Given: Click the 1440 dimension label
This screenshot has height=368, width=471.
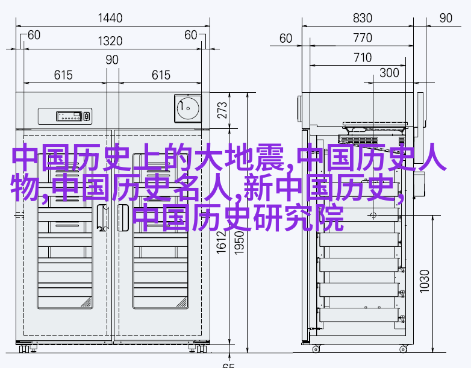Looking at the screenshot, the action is click(110, 18).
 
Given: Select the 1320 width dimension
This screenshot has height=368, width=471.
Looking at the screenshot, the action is click(110, 41).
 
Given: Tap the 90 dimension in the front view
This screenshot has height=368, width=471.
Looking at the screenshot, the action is click(112, 60).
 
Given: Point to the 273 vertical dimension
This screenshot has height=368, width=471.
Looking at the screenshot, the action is click(222, 110).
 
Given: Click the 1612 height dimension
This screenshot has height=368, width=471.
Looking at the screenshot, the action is click(222, 242).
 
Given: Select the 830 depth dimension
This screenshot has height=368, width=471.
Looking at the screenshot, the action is click(363, 18).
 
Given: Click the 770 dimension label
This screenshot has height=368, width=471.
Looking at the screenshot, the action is click(363, 38).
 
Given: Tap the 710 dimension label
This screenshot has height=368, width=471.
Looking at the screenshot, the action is click(363, 58).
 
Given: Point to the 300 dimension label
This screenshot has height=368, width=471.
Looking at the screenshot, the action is click(389, 73).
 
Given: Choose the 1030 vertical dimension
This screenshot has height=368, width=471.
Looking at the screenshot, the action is click(425, 281).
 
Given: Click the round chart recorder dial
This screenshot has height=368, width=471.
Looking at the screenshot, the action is click(188, 108).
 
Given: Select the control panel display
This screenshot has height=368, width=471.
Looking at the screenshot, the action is click(69, 116).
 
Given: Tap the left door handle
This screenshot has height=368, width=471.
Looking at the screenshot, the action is click(103, 217).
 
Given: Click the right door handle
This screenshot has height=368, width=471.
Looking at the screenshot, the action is click(122, 217).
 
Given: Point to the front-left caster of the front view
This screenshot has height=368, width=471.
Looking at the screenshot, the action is click(24, 349).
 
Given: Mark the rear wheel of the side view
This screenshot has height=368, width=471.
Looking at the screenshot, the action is click(316, 349).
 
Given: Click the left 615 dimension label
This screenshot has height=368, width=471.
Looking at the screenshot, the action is click(63, 75).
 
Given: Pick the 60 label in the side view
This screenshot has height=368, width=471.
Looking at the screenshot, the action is click(285, 39).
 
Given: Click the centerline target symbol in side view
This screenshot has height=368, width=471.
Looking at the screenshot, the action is click(373, 216).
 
